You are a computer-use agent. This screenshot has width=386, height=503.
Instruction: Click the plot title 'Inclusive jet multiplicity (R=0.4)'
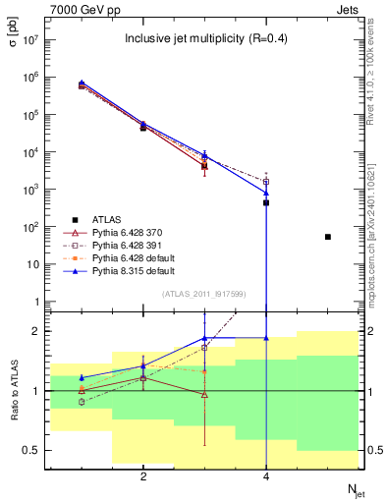(204, 39)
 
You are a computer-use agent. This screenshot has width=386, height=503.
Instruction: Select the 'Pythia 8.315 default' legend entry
(135, 271)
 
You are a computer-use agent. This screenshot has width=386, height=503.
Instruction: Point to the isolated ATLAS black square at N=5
(328, 237)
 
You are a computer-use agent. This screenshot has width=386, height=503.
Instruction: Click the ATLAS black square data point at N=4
(266, 202)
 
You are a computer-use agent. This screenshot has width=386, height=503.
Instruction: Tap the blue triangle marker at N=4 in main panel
(266, 193)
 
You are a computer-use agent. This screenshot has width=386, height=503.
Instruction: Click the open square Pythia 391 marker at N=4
(266, 182)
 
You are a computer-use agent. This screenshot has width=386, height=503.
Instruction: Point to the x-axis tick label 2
(143, 476)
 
